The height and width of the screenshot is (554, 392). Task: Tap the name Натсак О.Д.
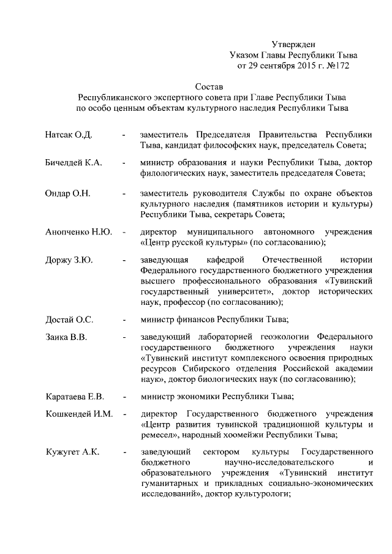click(x=68, y=134)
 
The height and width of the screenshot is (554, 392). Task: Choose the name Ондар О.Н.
click(x=67, y=193)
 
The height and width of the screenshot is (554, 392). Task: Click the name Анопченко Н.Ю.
click(x=78, y=233)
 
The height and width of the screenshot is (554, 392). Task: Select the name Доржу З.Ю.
click(x=69, y=261)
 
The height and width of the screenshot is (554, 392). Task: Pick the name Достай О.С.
click(x=69, y=320)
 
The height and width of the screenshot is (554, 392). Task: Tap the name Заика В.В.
click(x=66, y=337)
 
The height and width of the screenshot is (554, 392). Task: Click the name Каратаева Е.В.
click(x=75, y=396)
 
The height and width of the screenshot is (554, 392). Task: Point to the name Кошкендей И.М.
click(x=79, y=414)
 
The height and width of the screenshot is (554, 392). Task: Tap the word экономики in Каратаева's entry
click(x=199, y=396)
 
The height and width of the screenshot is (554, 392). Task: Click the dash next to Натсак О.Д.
click(x=125, y=134)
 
